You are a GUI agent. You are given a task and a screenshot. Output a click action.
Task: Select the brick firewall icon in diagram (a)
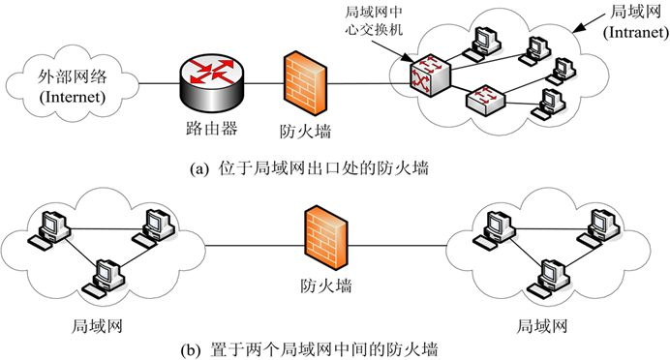[x=302, y=79]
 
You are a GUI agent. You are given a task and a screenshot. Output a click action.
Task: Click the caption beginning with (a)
[x=312, y=167]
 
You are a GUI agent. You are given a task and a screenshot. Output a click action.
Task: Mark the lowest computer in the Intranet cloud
[x=550, y=104]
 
